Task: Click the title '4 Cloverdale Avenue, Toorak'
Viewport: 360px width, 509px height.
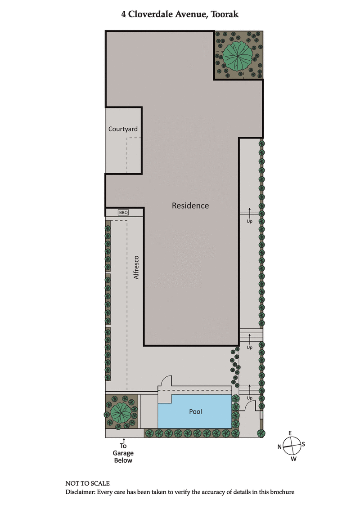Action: click(x=180, y=14)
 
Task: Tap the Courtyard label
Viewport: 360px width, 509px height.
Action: click(x=123, y=129)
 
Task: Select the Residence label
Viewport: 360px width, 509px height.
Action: click(x=190, y=205)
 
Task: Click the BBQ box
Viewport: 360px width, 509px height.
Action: click(x=123, y=213)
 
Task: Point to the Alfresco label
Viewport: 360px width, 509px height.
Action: click(x=137, y=268)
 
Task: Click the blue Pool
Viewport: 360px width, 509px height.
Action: click(x=195, y=411)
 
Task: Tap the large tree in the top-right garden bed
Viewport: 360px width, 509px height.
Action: click(x=238, y=55)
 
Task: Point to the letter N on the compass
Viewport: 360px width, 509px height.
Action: click(x=279, y=446)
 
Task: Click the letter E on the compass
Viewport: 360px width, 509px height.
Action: click(x=290, y=433)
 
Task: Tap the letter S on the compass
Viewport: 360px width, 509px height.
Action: click(x=303, y=444)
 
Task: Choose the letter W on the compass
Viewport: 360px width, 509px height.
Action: click(x=293, y=459)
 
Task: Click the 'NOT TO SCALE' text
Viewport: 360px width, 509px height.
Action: click(x=88, y=483)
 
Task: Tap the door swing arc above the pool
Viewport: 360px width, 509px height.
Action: click(x=167, y=381)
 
